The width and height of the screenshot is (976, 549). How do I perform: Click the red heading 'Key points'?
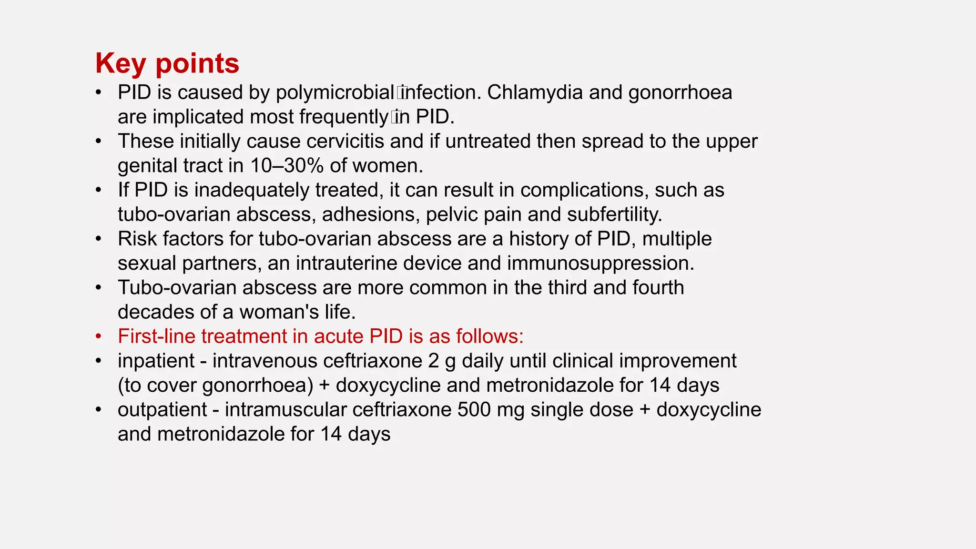(x=167, y=63)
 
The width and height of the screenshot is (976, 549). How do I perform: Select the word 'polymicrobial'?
(x=335, y=93)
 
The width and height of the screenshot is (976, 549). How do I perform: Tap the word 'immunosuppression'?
(x=600, y=264)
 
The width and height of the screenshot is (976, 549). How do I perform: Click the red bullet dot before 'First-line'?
(x=98, y=336)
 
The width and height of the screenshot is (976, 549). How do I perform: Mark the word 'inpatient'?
(x=156, y=361)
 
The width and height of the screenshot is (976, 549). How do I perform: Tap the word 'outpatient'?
(x=162, y=410)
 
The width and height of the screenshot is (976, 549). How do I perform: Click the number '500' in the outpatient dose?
(x=474, y=410)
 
